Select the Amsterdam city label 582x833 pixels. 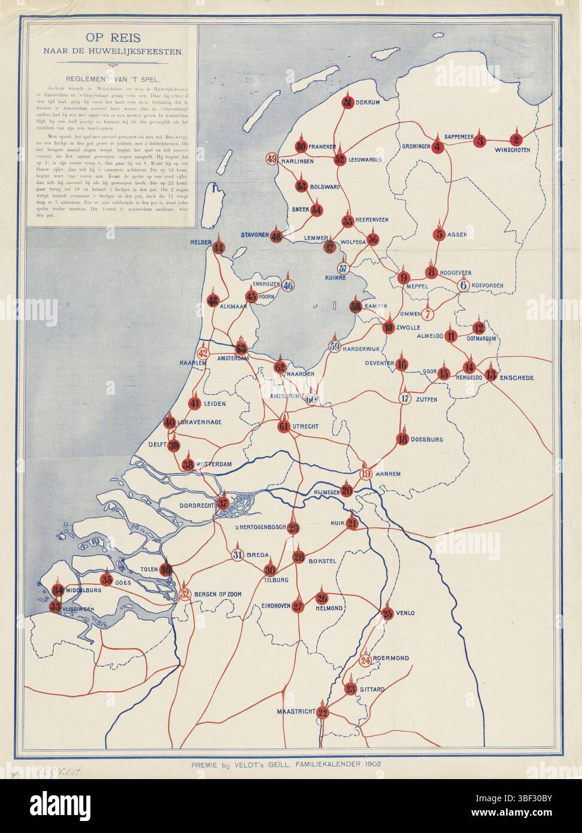(233, 359)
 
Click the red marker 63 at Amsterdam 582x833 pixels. (241, 349)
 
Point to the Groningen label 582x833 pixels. (416, 146)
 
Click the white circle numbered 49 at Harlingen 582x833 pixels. (272, 159)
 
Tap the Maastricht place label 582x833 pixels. (295, 711)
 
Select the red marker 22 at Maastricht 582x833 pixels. (323, 713)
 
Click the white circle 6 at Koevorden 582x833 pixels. (463, 285)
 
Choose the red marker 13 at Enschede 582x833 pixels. (491, 376)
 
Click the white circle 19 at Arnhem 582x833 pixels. (366, 473)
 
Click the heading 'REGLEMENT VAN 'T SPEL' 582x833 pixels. (113, 78)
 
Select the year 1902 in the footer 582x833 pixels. (367, 764)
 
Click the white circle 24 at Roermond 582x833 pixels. (366, 660)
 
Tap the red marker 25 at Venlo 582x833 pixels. (387, 613)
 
